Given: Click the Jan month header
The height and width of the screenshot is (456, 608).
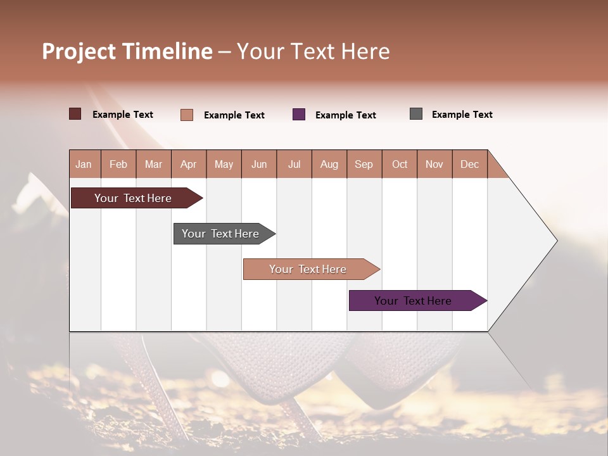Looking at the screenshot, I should pos(84,164).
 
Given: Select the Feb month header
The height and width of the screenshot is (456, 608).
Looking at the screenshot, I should pos(118,164).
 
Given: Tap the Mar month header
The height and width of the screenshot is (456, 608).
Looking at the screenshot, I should pos(153,164).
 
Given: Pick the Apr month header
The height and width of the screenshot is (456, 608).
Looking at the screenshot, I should pos(189,164).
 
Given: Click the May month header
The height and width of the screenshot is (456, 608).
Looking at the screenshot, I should pos(224,164).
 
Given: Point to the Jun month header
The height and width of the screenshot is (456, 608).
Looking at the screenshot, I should pos(259,164).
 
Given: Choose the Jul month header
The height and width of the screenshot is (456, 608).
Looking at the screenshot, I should pos(294,164).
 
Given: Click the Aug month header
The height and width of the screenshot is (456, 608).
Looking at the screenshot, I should pos(329,164).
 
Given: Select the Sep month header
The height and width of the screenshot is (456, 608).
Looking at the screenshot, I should pos(364,164).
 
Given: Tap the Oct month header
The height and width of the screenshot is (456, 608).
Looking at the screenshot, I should pos(400,164).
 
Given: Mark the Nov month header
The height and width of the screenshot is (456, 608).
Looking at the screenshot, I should pos(434,164).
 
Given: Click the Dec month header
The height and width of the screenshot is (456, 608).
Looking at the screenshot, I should pos(469,164).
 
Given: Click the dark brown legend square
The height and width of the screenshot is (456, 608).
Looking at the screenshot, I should pos(75,114).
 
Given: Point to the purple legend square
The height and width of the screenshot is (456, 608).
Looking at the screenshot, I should pos(299,115).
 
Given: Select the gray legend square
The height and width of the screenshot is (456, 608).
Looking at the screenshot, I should pos(416,114).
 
